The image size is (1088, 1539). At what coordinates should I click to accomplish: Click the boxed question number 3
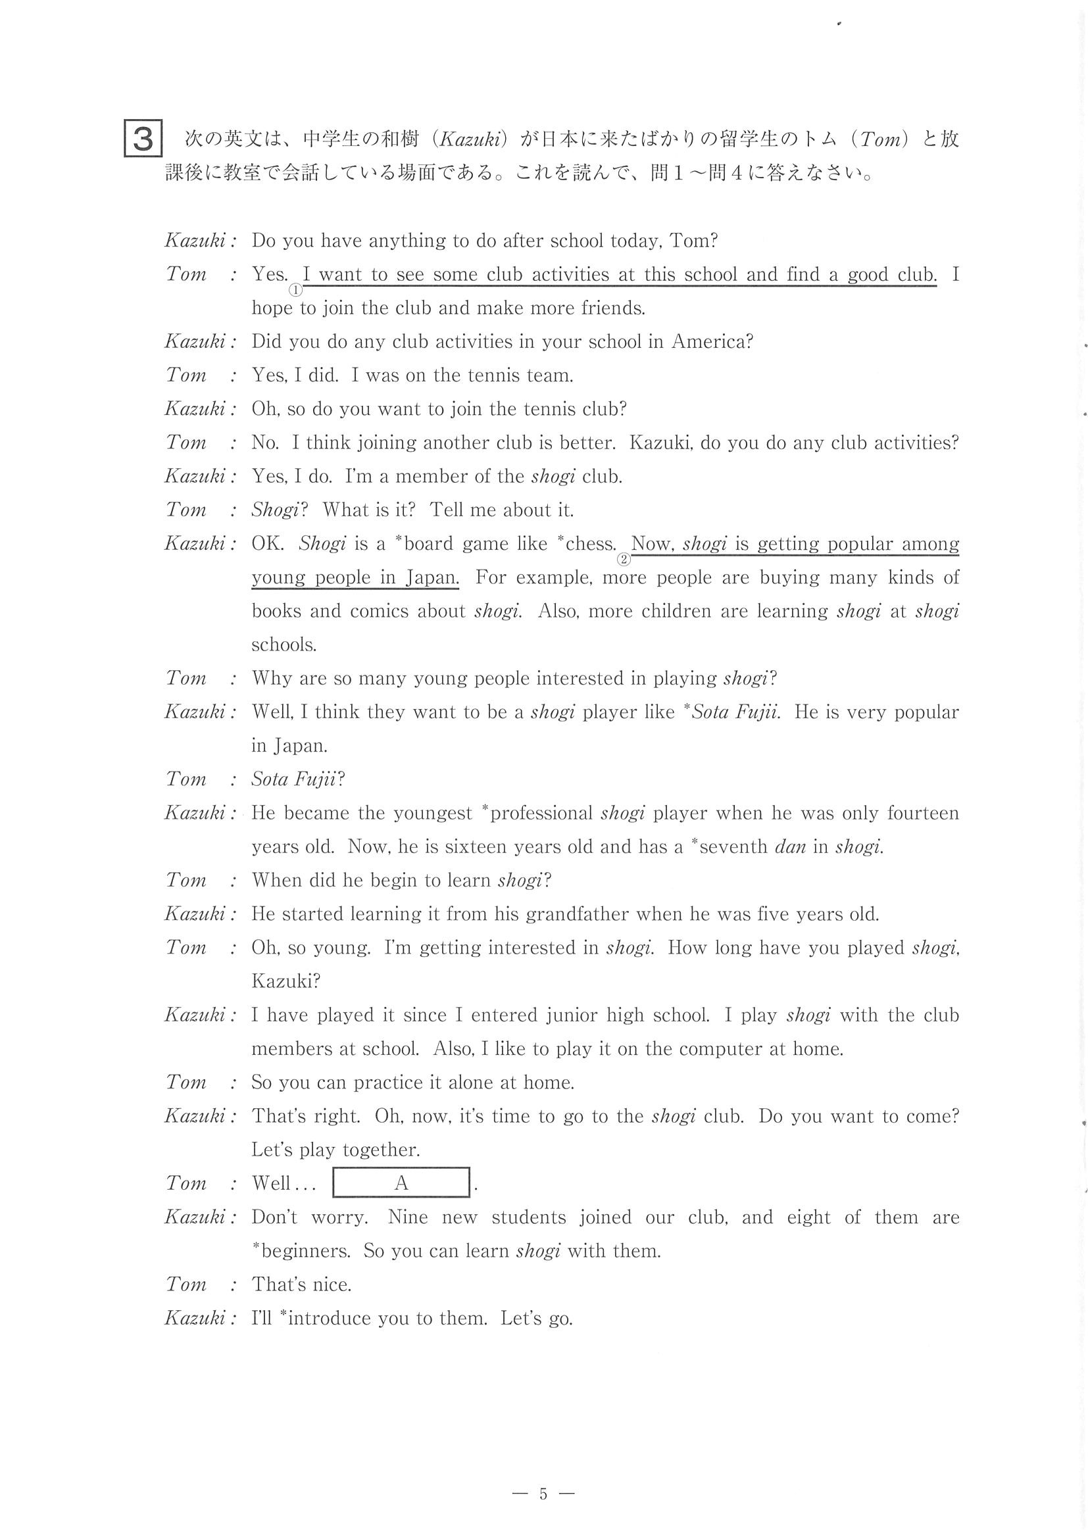tap(143, 139)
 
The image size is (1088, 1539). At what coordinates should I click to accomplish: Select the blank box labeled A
tap(401, 1183)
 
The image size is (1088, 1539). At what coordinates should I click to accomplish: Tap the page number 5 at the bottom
tap(543, 1494)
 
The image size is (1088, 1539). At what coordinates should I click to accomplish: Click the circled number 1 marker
tap(295, 289)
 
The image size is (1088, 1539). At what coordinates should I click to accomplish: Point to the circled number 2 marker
tap(624, 559)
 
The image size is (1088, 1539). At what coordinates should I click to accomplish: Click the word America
tap(712, 342)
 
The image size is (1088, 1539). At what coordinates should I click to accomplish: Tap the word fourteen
tap(922, 813)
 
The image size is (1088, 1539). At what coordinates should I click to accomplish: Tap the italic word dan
tap(790, 846)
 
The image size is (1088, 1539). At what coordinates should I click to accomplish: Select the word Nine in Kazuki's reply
tap(408, 1217)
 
